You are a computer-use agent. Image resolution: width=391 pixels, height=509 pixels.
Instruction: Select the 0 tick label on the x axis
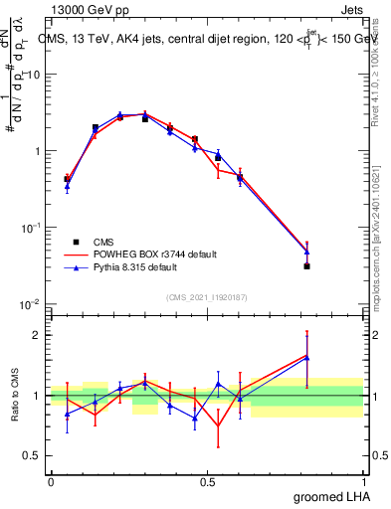[51, 481]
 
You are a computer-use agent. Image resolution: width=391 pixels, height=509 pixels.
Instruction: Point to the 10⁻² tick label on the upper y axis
[30, 304]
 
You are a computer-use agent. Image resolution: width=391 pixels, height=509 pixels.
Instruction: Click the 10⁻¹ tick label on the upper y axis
[30, 228]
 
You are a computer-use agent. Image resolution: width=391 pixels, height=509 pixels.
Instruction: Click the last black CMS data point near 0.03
[307, 266]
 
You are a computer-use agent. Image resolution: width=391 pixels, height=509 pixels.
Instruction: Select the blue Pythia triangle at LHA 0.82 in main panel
[307, 252]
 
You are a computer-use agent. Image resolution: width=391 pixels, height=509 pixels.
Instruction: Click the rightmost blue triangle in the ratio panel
[307, 358]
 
